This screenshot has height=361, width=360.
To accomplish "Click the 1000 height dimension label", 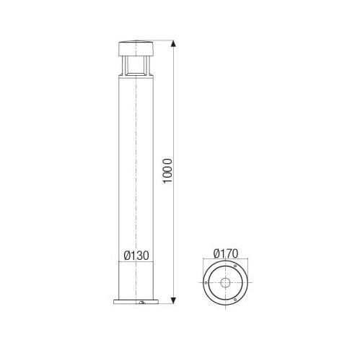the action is tap(168, 171).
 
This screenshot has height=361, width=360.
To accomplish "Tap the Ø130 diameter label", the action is tap(136, 256).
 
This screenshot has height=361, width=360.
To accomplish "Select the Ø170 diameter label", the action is tap(226, 253).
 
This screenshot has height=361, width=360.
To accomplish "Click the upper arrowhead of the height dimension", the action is tap(173, 44).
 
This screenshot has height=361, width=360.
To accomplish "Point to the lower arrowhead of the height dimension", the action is tap(173, 300).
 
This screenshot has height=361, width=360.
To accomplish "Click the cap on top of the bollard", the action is tap(136, 49).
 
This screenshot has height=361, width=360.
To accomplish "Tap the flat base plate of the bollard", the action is tap(136, 302).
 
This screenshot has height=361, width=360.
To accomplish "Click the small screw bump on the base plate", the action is tap(142, 303).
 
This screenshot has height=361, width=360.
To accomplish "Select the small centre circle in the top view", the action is tap(226, 282).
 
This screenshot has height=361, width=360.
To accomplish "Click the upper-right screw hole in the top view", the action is tap(235, 266).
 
